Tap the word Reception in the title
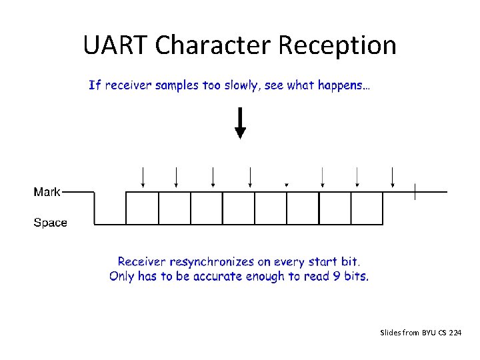pos(337,45)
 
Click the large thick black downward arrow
pos(240,124)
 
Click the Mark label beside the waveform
pos(47,192)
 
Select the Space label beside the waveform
pos(50,223)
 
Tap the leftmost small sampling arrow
pos(143,177)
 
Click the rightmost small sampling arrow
pos(393,177)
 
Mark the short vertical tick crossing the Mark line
pos(415,192)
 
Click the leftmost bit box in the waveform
pos(142,208)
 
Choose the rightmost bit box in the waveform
pos(367,208)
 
